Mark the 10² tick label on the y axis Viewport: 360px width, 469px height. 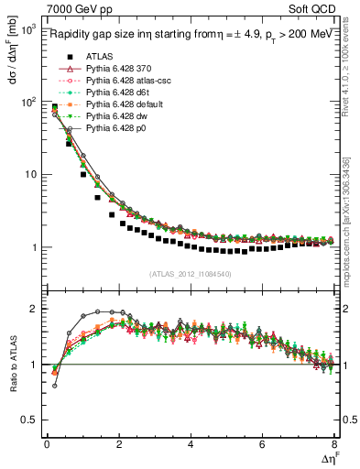point(27,103)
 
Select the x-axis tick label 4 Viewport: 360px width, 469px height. point(191,444)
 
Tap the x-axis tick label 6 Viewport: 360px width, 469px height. point(263,444)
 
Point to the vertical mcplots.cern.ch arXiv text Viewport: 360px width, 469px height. point(350,220)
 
